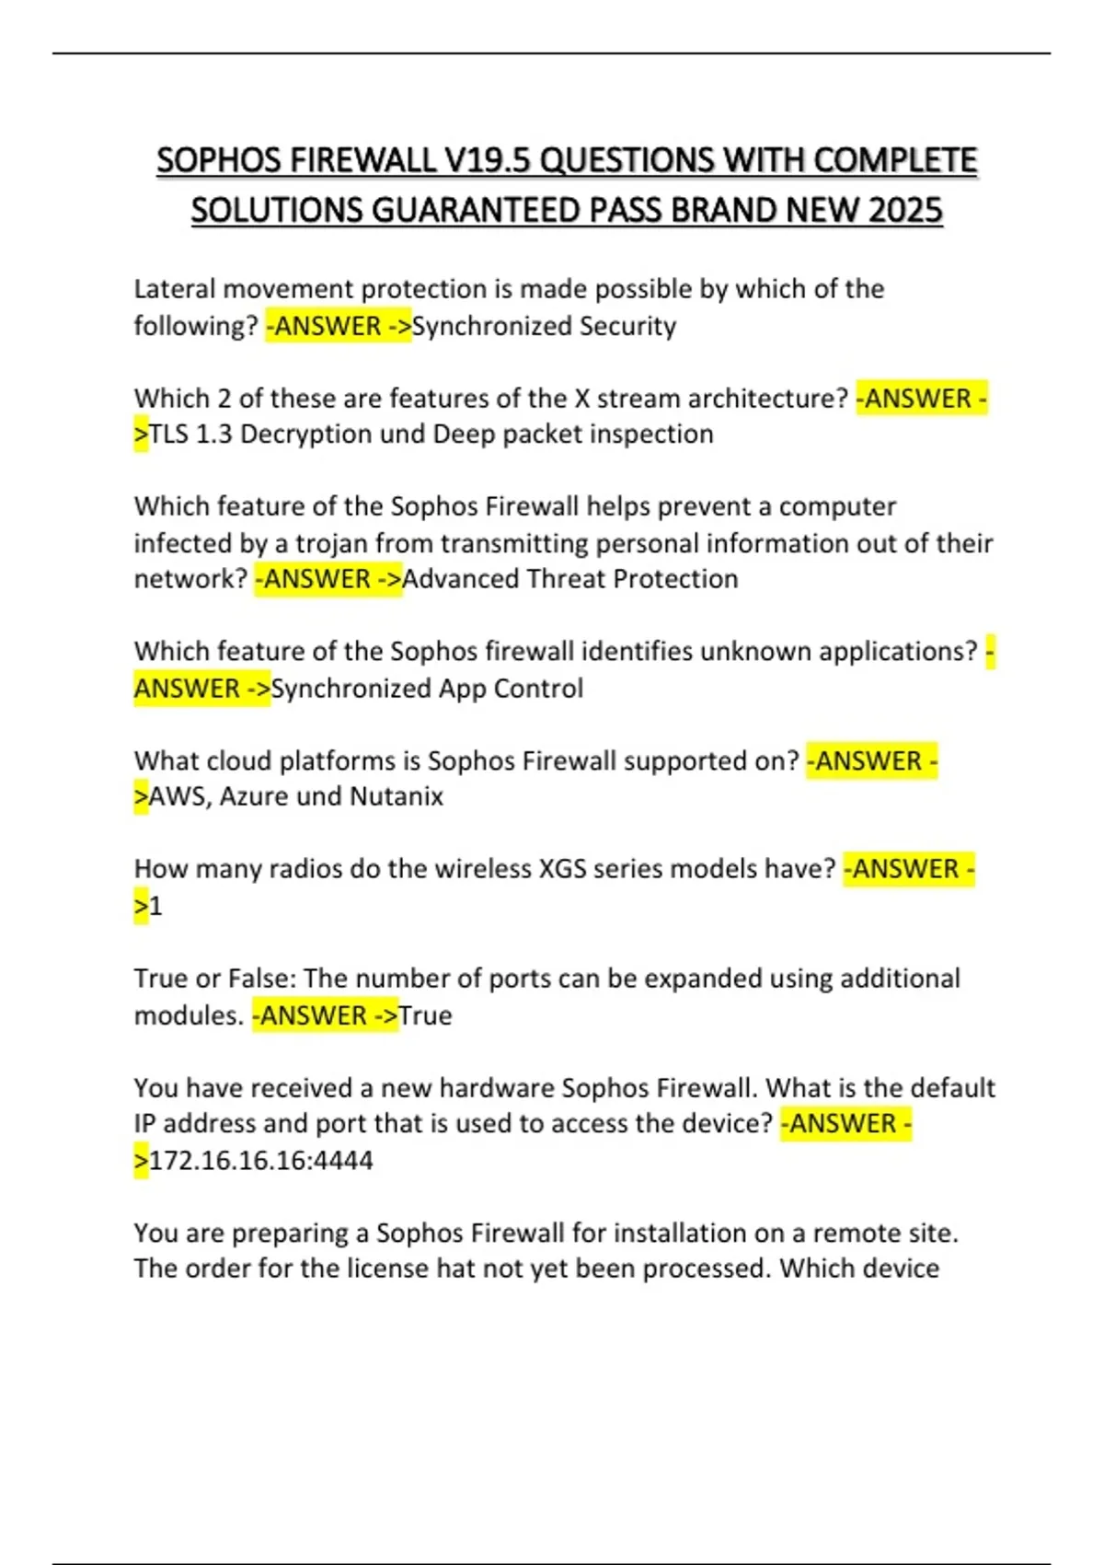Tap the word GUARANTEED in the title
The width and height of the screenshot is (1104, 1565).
pyautogui.click(x=475, y=211)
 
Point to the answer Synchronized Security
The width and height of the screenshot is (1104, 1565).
pyautogui.click(x=544, y=326)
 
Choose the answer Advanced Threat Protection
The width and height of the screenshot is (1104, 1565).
pyautogui.click(x=569, y=579)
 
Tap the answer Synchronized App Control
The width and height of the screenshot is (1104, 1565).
pyautogui.click(x=427, y=689)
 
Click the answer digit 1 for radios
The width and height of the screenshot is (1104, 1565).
pyautogui.click(x=155, y=907)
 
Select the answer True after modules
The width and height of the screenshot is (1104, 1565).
pyautogui.click(x=425, y=1015)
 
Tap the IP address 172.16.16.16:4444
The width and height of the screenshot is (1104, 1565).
pyautogui.click(x=261, y=1160)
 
